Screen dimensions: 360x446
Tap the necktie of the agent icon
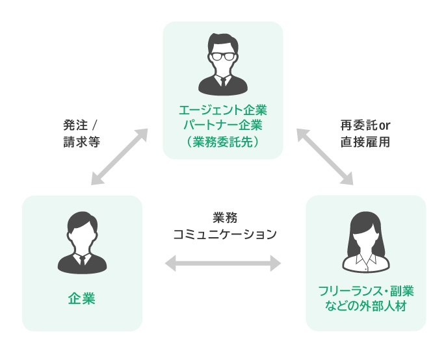point(222,83)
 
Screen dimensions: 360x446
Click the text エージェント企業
point(222,109)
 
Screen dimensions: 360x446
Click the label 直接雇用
point(365,141)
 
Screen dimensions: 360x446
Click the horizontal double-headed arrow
point(223,263)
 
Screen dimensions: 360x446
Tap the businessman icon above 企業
point(82,242)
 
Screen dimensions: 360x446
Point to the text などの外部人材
point(365,305)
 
